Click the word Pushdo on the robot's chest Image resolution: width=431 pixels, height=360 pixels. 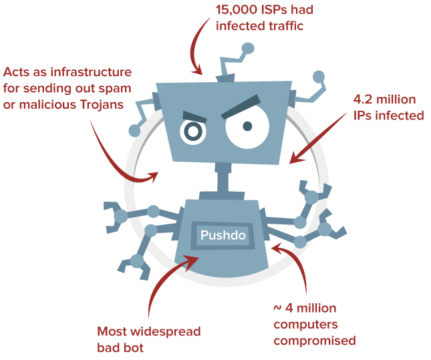pos(223,235)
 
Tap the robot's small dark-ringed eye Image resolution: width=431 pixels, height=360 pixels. pos(192,132)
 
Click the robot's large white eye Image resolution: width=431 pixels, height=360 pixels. pos(247,126)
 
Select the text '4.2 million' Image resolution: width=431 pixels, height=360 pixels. pos(384,100)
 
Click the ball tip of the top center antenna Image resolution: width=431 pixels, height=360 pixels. pos(248,48)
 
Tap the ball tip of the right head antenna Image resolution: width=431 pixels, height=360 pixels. pos(319,76)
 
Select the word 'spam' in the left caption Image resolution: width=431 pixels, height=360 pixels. pos(116,88)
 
